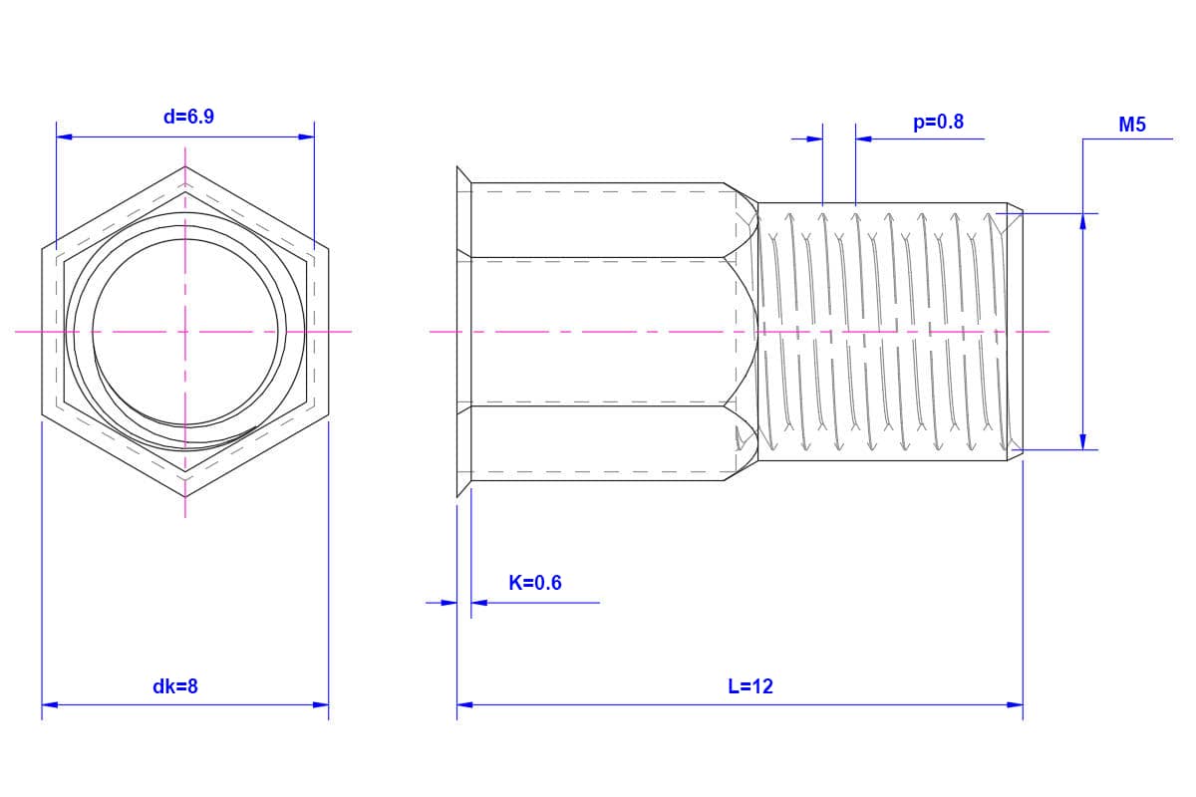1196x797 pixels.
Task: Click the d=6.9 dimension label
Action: click(x=188, y=117)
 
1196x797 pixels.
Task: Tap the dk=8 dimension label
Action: click(x=175, y=686)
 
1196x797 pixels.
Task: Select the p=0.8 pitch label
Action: click(x=938, y=123)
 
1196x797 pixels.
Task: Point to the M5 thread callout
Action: click(x=1132, y=125)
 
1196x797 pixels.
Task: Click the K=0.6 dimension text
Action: click(x=535, y=583)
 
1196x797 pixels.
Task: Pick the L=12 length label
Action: click(x=750, y=686)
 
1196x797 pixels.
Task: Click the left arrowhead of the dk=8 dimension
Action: click(x=50, y=704)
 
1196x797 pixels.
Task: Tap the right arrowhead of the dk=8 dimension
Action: click(x=321, y=704)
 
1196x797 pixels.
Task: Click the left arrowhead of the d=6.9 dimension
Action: click(x=64, y=137)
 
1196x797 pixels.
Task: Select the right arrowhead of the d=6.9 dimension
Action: click(x=307, y=137)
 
